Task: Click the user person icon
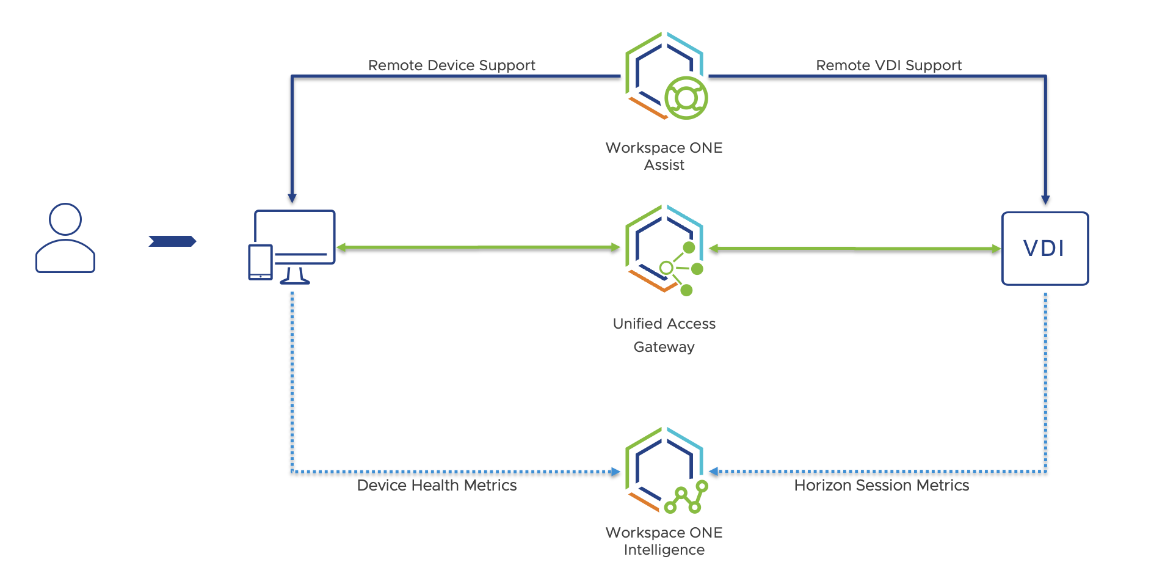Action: pos(65,238)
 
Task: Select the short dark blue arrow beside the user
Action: pos(172,241)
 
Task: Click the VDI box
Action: pos(1045,249)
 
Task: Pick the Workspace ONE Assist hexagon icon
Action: pos(664,76)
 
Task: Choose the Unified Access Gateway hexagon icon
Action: pos(664,249)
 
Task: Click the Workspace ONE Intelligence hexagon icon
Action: pos(664,470)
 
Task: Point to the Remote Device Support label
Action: pos(451,65)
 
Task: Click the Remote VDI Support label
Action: pos(888,65)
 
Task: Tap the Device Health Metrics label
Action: pos(437,486)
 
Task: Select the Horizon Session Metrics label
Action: pos(881,486)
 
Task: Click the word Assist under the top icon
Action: pos(664,166)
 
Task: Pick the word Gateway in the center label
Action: pos(664,347)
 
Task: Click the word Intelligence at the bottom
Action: pos(664,550)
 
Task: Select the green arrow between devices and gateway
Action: pos(478,247)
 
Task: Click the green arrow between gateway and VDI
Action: pos(855,249)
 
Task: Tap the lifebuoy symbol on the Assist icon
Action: pos(686,98)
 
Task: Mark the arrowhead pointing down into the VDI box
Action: pos(1045,200)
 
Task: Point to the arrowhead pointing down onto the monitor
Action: pos(292,199)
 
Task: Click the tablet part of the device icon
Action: pos(261,262)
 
